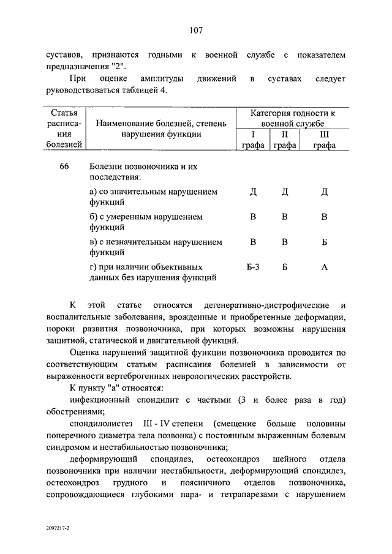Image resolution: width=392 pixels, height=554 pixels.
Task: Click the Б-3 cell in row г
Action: point(253,268)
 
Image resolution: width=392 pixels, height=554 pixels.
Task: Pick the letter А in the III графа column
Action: point(325,268)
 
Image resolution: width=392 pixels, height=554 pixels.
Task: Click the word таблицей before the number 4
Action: point(138,91)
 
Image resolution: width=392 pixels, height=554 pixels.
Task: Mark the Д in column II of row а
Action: point(284,192)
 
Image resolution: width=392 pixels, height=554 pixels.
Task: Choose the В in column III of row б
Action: point(325,217)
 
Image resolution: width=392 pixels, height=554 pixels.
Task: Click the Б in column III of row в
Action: point(325,242)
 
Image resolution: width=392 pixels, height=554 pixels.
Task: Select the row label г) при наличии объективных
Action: point(146,268)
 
